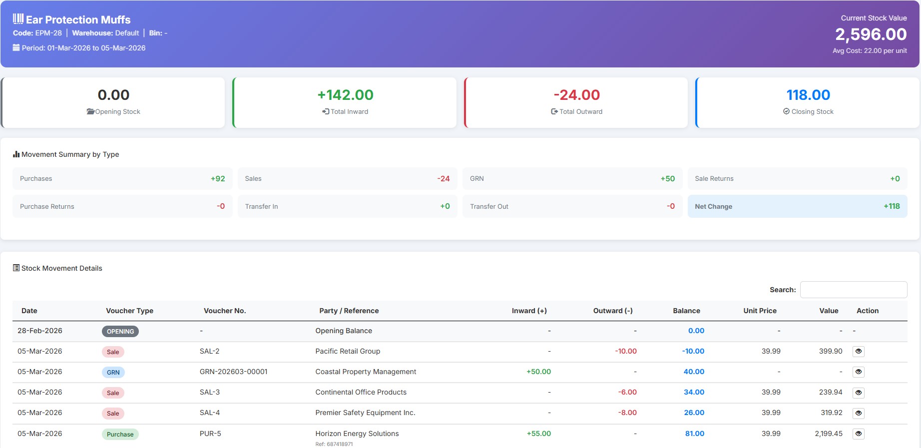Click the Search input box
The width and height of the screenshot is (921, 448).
click(x=853, y=290)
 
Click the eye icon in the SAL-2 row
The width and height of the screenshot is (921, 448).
click(x=858, y=352)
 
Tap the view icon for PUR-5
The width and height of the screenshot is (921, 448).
click(x=858, y=434)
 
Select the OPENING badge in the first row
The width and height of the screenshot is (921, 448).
click(x=120, y=332)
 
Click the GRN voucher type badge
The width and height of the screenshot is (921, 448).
click(x=113, y=373)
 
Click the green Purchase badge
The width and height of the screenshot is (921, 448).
click(x=120, y=435)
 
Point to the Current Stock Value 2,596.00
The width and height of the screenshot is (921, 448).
click(x=871, y=34)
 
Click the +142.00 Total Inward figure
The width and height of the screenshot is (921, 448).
click(x=345, y=95)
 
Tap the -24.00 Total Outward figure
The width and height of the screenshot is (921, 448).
click(x=576, y=95)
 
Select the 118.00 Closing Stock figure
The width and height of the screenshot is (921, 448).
click(x=808, y=95)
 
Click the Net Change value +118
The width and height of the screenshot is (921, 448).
click(x=891, y=206)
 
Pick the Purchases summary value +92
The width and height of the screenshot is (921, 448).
click(x=218, y=179)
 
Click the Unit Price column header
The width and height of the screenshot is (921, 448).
click(x=760, y=311)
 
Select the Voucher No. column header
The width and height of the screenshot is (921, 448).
click(x=225, y=311)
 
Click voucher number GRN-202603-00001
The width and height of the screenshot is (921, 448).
click(x=233, y=372)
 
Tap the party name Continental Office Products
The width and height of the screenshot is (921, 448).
click(x=361, y=393)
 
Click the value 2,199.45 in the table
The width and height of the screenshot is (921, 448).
click(x=828, y=434)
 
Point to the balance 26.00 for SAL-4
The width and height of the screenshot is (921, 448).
click(x=694, y=413)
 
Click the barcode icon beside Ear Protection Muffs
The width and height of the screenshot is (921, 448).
click(x=18, y=19)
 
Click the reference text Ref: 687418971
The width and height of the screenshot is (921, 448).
click(x=334, y=444)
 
